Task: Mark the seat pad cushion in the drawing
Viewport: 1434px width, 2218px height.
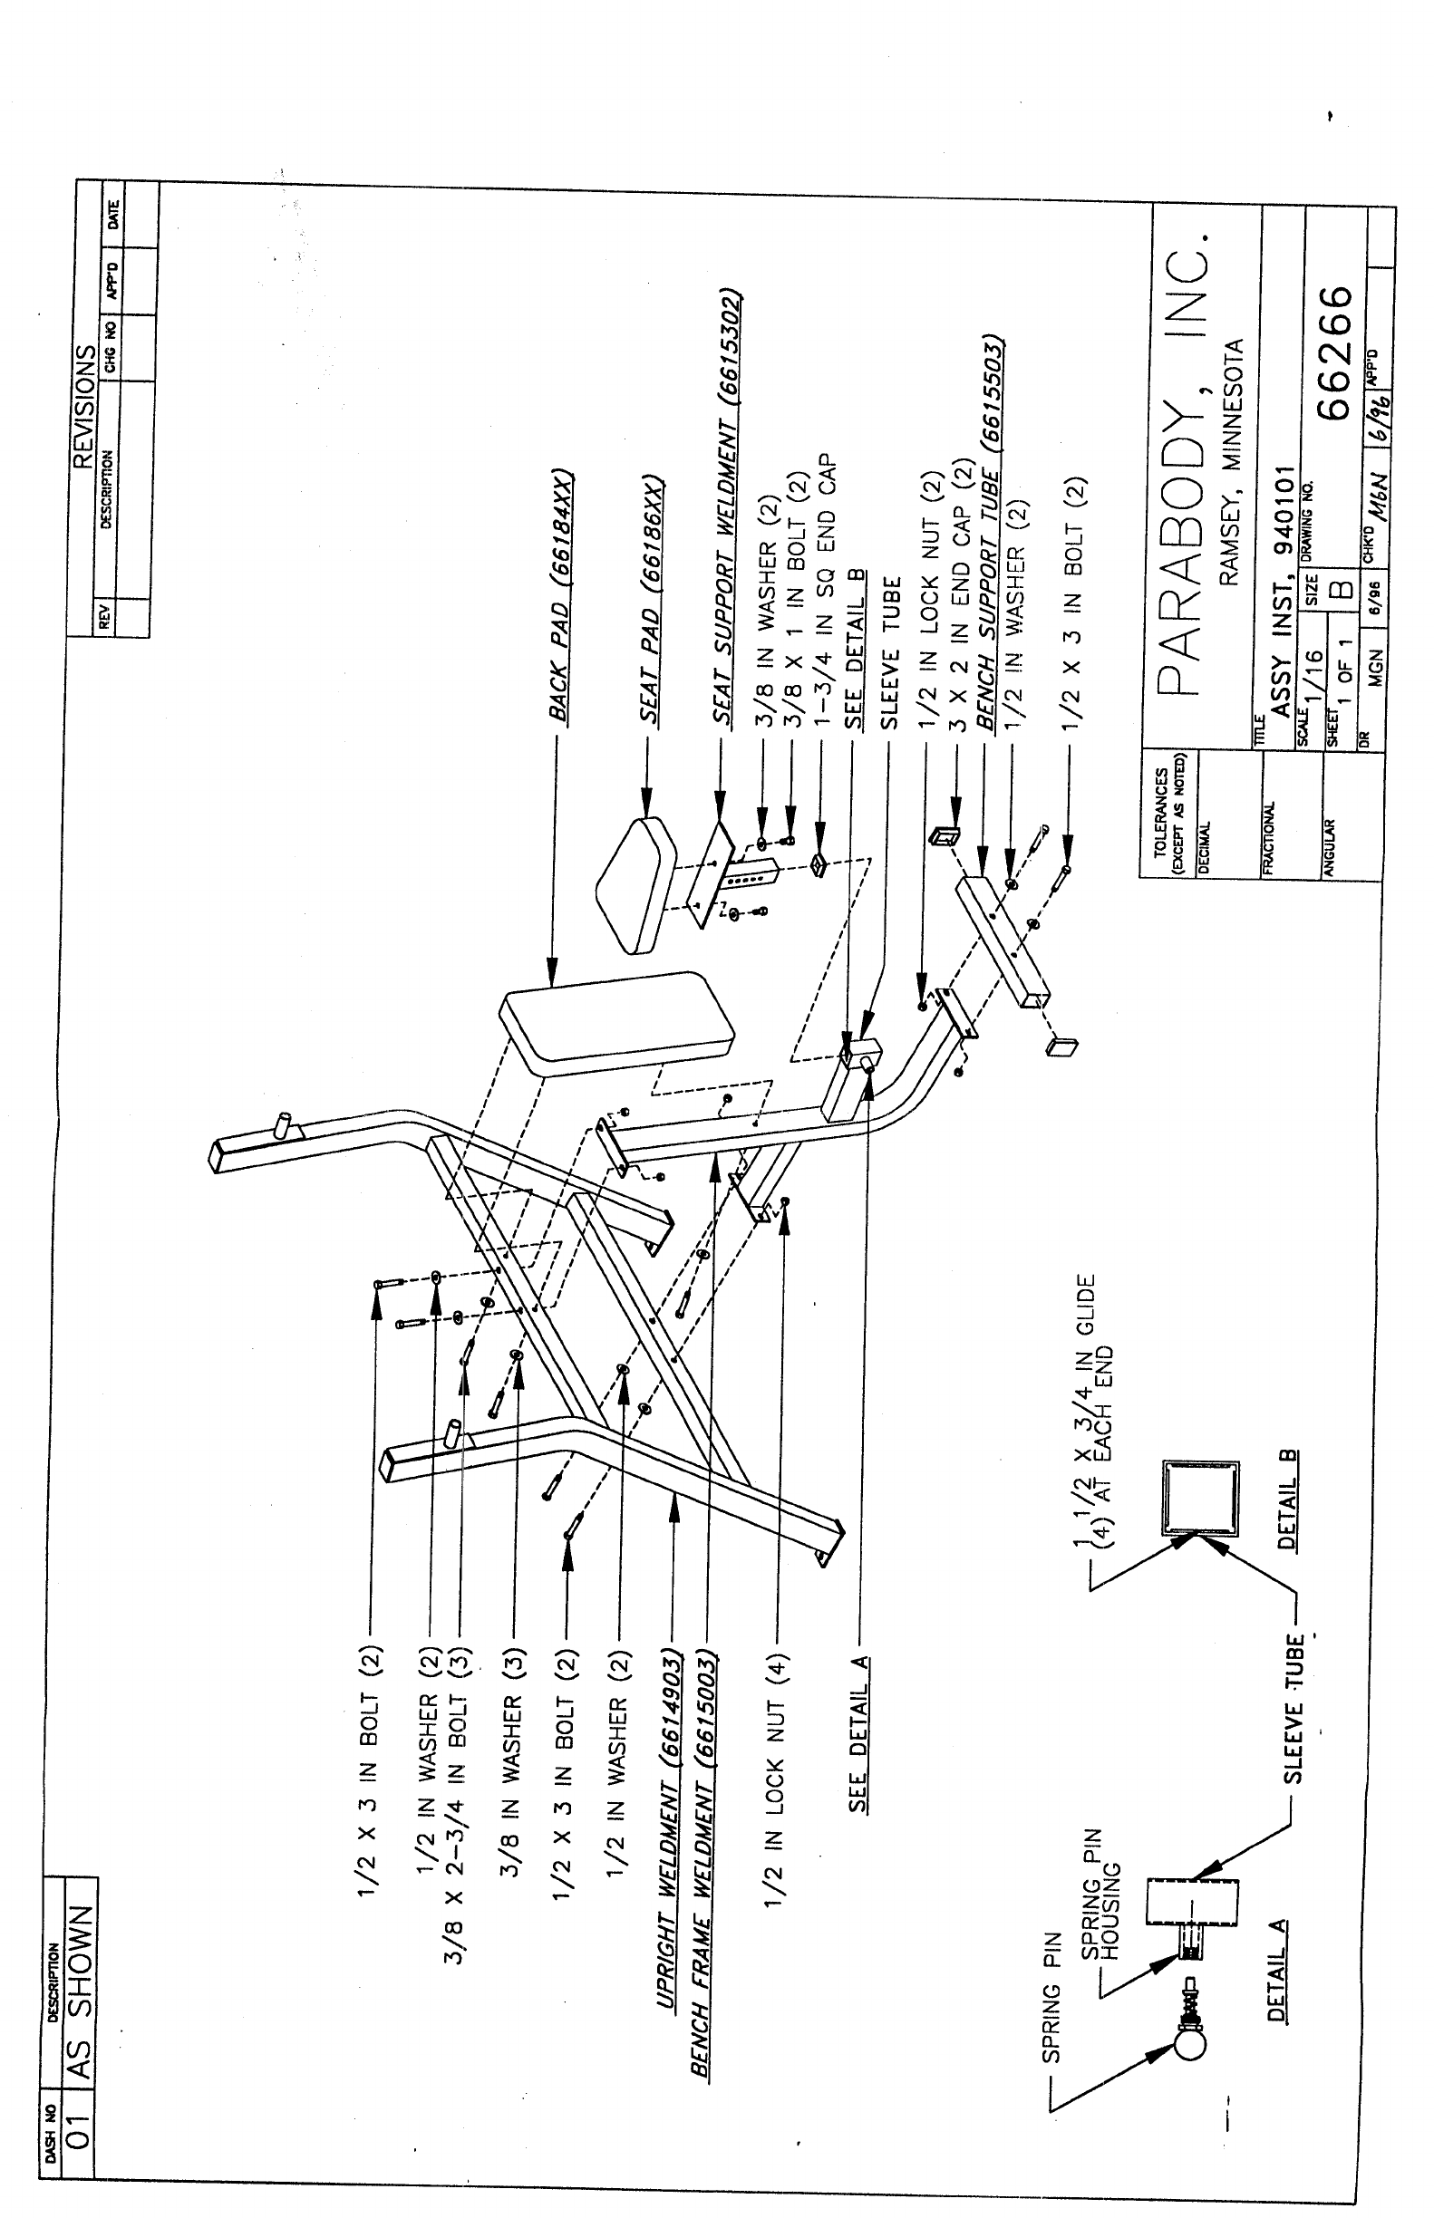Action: point(635,884)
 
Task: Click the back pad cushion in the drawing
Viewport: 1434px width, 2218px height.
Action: point(615,1019)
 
